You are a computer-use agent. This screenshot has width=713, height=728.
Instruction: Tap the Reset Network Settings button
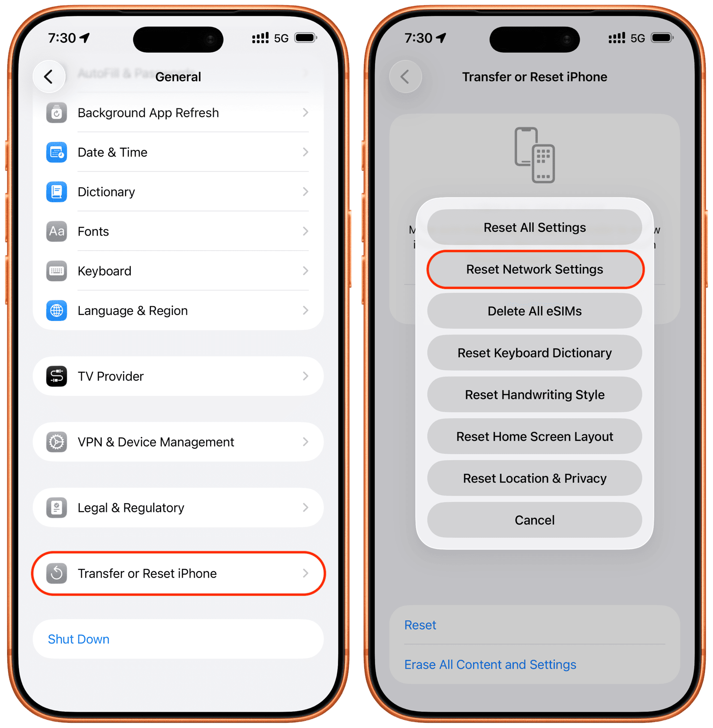[535, 270]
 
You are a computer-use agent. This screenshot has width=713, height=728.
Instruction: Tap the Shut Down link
[79, 639]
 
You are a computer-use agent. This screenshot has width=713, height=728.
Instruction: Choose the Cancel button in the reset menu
[535, 520]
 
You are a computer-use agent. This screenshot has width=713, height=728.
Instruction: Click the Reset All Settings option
[535, 228]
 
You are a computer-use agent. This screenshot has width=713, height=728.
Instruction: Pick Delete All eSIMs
[535, 311]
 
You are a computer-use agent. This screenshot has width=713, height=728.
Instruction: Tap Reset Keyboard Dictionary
[535, 353]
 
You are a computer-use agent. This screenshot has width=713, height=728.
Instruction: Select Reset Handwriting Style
[535, 395]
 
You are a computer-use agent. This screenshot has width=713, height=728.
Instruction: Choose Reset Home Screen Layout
[535, 437]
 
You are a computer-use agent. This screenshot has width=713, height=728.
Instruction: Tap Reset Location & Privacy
[535, 478]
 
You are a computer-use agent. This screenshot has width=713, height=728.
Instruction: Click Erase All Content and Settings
[490, 665]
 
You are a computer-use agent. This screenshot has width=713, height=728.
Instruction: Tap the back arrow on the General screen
[49, 77]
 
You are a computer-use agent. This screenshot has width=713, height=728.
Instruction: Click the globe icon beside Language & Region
[57, 311]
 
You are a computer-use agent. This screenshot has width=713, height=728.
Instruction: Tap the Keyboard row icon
[57, 271]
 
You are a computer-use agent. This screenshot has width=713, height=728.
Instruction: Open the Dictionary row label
[106, 192]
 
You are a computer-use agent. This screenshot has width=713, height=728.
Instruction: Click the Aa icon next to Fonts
[57, 231]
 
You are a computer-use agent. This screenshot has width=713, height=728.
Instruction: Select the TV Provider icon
[57, 376]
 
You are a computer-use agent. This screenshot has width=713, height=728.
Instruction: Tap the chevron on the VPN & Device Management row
[306, 442]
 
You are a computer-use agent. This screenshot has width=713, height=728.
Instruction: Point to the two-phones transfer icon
[535, 155]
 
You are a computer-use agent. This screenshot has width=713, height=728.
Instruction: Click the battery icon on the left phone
[306, 38]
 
